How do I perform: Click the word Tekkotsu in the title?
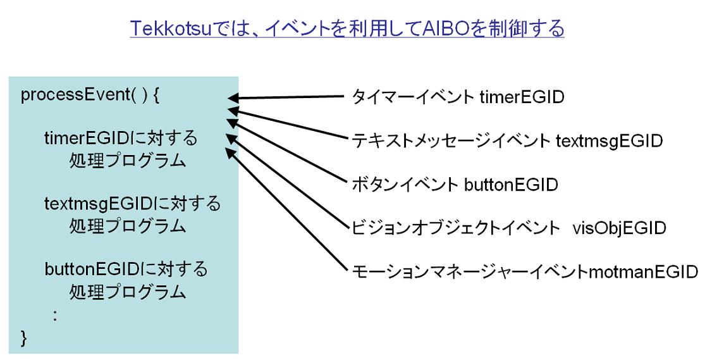tap(171, 28)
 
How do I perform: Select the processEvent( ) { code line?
tap(90, 96)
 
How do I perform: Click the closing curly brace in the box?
tap(24, 338)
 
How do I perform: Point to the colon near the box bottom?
tap(55, 315)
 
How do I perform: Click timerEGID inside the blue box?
tap(87, 138)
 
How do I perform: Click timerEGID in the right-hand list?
tap(522, 97)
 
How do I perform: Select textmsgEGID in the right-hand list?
tap(610, 141)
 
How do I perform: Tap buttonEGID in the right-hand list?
tap(511, 185)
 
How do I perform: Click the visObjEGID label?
tap(620, 228)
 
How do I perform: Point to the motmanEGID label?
tap(644, 271)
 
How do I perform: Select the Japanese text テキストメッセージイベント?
tap(451, 141)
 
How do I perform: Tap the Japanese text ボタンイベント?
tap(405, 185)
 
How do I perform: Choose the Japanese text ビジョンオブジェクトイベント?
tap(456, 228)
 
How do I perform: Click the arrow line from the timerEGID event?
tap(286, 97)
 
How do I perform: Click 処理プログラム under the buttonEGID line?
tap(128, 292)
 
